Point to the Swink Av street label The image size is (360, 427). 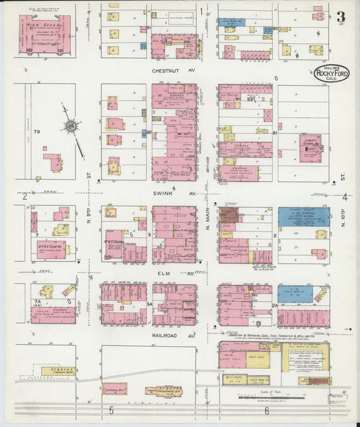(x=174, y=193)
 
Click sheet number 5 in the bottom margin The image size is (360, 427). (x=109, y=411)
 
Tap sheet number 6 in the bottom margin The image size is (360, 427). (x=267, y=411)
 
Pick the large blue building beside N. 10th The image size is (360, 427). (x=304, y=216)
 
